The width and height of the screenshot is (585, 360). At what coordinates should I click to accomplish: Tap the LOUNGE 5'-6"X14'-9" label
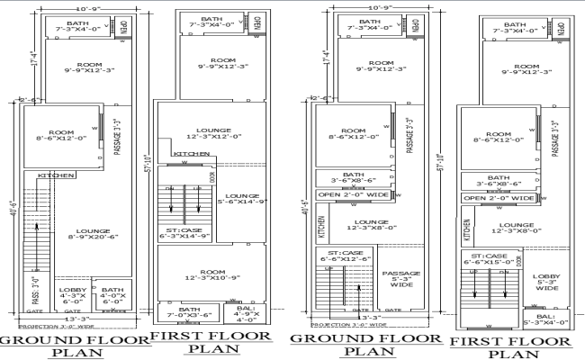point(242,200)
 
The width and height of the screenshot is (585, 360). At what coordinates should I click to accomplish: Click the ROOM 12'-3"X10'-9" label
point(211,276)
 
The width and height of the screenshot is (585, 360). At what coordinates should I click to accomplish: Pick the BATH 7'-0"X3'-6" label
point(188,312)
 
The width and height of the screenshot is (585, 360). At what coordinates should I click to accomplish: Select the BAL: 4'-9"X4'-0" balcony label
point(246,312)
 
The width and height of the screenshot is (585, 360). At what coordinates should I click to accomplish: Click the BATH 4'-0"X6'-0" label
point(112,294)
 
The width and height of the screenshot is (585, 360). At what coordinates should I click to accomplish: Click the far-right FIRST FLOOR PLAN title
point(510,347)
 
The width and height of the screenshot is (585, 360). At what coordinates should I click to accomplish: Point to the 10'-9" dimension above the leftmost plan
point(81,8)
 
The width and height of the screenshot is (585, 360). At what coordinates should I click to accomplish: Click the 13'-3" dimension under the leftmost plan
point(81,318)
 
